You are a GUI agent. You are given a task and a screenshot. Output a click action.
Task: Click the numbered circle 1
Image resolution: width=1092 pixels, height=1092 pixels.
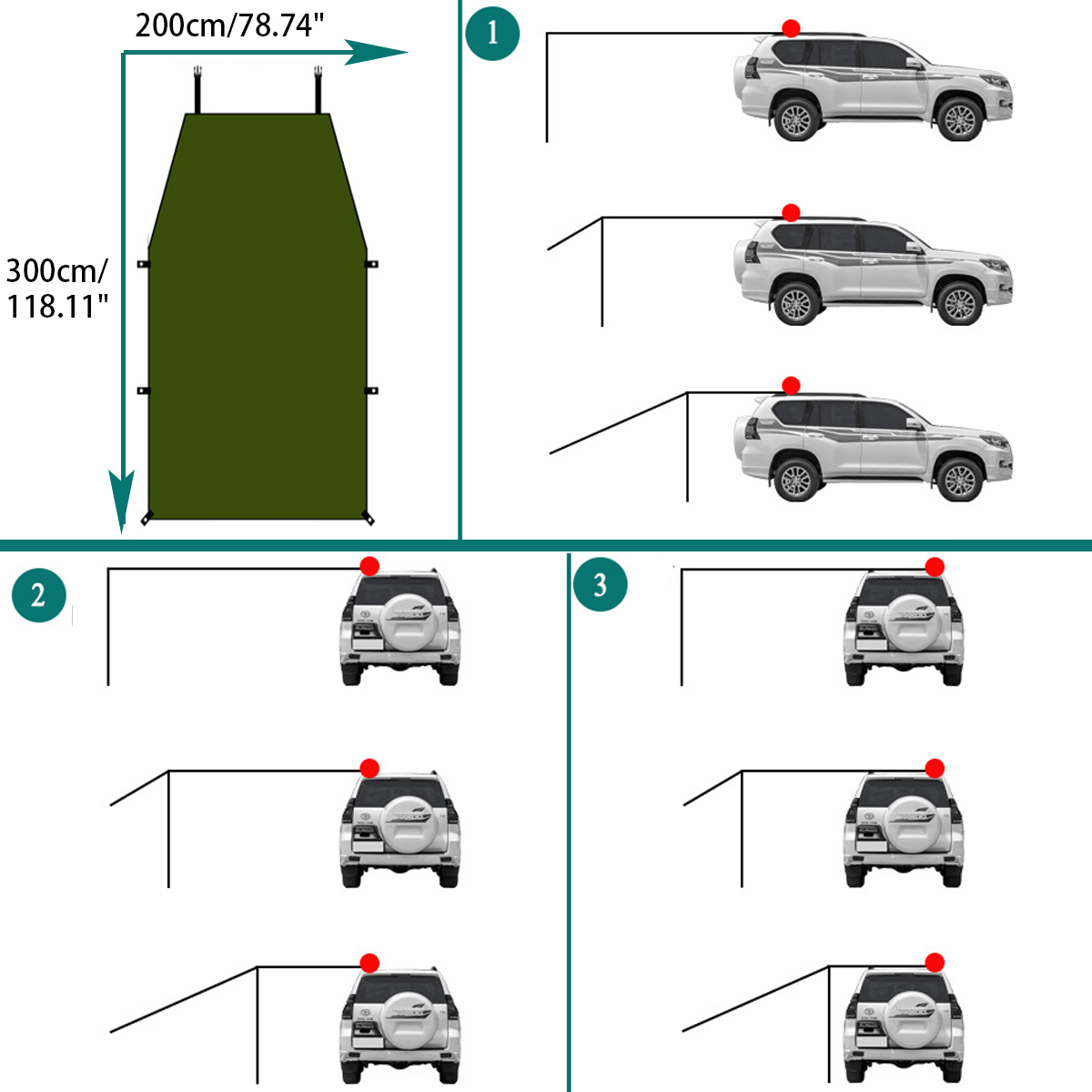[x=491, y=34]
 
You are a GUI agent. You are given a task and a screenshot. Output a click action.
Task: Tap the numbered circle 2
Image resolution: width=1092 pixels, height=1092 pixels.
[x=38, y=596]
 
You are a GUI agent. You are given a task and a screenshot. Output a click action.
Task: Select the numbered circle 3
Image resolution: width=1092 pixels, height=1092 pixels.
[x=600, y=584]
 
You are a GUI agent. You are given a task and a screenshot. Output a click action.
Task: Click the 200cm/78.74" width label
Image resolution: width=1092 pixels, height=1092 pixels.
[x=229, y=25]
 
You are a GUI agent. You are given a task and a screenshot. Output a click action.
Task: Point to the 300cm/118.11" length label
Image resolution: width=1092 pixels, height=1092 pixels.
[x=57, y=288]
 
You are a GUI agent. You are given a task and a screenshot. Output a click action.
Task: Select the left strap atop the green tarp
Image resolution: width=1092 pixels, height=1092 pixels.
[x=197, y=89]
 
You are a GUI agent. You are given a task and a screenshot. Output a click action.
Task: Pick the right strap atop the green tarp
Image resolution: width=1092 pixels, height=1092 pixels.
[x=318, y=89]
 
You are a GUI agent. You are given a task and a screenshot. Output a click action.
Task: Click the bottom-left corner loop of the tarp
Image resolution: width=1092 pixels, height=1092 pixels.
[x=146, y=519]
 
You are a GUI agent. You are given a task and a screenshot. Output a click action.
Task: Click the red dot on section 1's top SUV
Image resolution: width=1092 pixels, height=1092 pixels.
[x=791, y=28]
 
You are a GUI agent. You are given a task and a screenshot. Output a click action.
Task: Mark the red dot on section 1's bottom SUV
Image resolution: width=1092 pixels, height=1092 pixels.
[x=791, y=386]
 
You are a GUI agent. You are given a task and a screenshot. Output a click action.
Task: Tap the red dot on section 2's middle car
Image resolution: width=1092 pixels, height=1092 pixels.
[x=369, y=768]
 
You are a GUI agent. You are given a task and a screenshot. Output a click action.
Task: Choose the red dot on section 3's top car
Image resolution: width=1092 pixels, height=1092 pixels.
[x=935, y=568]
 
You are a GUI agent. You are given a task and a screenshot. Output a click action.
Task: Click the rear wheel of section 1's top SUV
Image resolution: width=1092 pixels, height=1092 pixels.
[x=796, y=119]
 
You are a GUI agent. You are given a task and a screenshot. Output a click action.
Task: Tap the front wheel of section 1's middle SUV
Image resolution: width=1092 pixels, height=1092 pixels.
[x=959, y=304]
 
